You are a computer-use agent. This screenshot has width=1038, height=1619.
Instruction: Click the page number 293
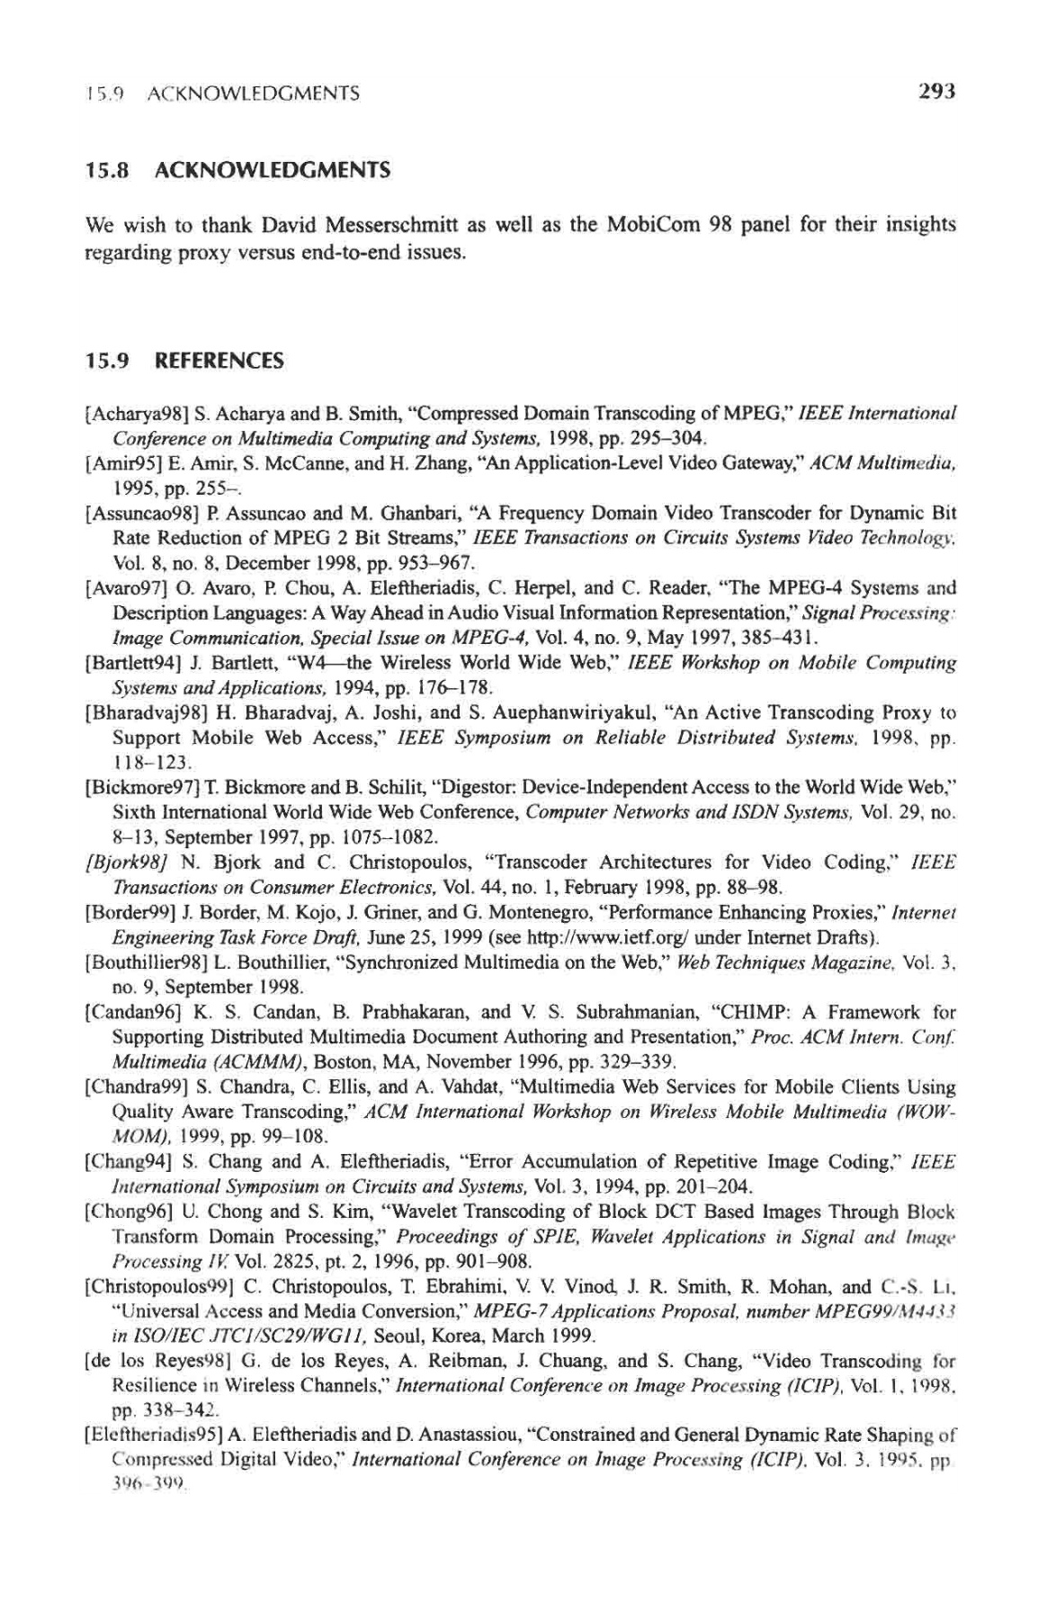click(936, 91)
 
